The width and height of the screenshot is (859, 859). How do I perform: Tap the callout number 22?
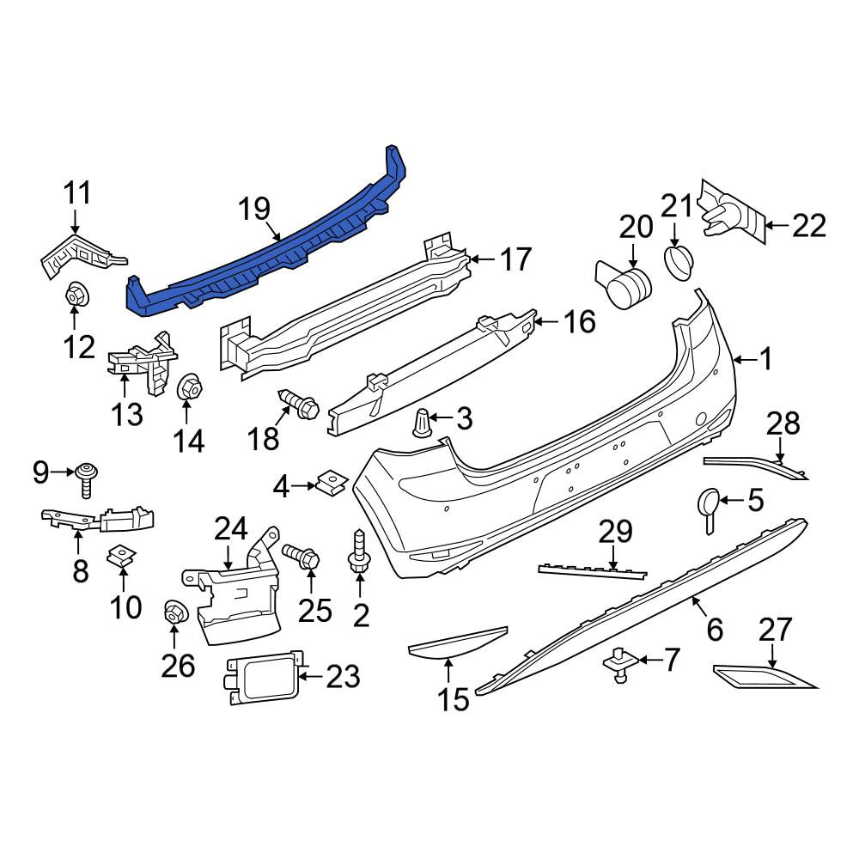[x=808, y=225]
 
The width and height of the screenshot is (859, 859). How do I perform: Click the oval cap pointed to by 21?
[x=679, y=264]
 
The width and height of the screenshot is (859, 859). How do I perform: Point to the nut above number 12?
[x=76, y=296]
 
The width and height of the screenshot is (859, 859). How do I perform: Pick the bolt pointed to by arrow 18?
[x=300, y=405]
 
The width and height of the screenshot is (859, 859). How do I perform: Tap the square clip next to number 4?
[x=332, y=481]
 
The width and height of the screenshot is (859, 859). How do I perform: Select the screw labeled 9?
[x=87, y=479]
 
